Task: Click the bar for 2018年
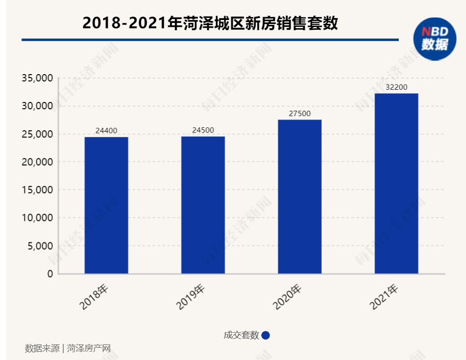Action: pyautogui.click(x=106, y=205)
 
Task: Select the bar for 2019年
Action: pyautogui.click(x=203, y=205)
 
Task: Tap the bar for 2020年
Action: pyautogui.click(x=300, y=197)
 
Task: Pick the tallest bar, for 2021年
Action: pyautogui.click(x=396, y=183)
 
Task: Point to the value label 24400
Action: pyautogui.click(x=106, y=131)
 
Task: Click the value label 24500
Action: pyautogui.click(x=203, y=130)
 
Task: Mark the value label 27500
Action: pyautogui.click(x=300, y=114)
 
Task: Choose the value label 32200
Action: pyautogui.click(x=396, y=87)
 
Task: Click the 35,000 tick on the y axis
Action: pyautogui.click(x=37, y=78)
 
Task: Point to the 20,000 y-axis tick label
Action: pyautogui.click(x=37, y=162)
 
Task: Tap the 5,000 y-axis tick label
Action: pyautogui.click(x=39, y=246)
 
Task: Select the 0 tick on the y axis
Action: pyautogui.click(x=50, y=274)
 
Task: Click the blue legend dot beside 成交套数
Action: pyautogui.click(x=266, y=335)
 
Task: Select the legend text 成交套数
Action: pyautogui.click(x=241, y=335)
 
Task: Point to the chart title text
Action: pyautogui.click(x=210, y=23)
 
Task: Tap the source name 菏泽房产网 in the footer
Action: pyautogui.click(x=89, y=348)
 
